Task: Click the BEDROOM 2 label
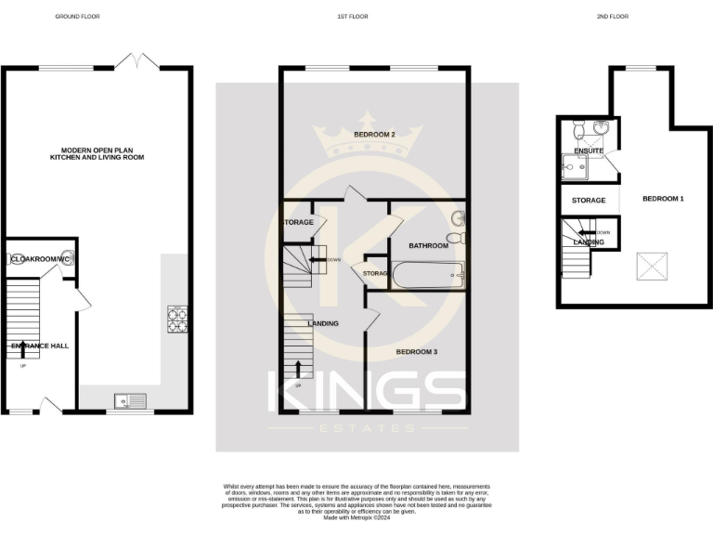375,135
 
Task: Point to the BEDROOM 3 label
417,352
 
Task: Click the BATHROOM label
429,245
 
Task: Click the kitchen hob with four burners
176,320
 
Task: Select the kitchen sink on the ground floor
128,401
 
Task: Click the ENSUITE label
589,150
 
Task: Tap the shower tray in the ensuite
576,166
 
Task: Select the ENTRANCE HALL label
39,346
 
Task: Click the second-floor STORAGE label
589,200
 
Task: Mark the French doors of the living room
142,61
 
